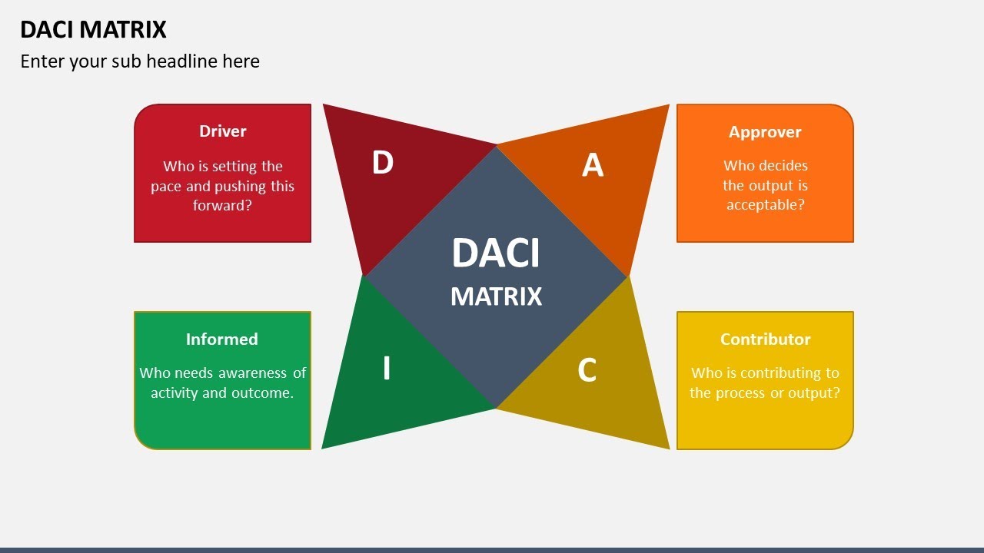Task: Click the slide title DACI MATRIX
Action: pyautogui.click(x=93, y=29)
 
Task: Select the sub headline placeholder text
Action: pyautogui.click(x=140, y=61)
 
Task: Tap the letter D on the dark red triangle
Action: pyautogui.click(x=382, y=163)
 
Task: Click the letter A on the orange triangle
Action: pyautogui.click(x=592, y=165)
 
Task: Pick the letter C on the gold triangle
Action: pyautogui.click(x=587, y=370)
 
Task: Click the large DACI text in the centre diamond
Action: pyautogui.click(x=496, y=253)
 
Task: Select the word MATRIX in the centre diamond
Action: pyautogui.click(x=496, y=296)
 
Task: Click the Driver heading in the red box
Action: pyautogui.click(x=223, y=131)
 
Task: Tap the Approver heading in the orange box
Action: pyautogui.click(x=765, y=132)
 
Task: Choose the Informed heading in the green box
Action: pyautogui.click(x=221, y=339)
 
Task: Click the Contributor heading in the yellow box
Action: pyautogui.click(x=765, y=339)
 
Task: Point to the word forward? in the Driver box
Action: pyautogui.click(x=222, y=206)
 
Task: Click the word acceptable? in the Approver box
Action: pyautogui.click(x=765, y=205)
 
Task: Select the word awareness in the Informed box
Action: pyautogui.click(x=253, y=373)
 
